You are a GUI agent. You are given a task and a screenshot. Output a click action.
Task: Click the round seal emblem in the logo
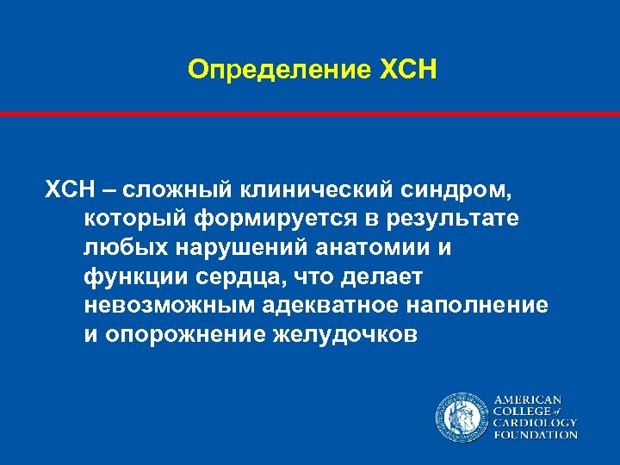point(462,418)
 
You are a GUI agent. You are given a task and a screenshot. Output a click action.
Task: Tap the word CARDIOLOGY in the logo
point(535,423)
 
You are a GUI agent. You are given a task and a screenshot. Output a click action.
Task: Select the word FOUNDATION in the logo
point(535,435)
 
